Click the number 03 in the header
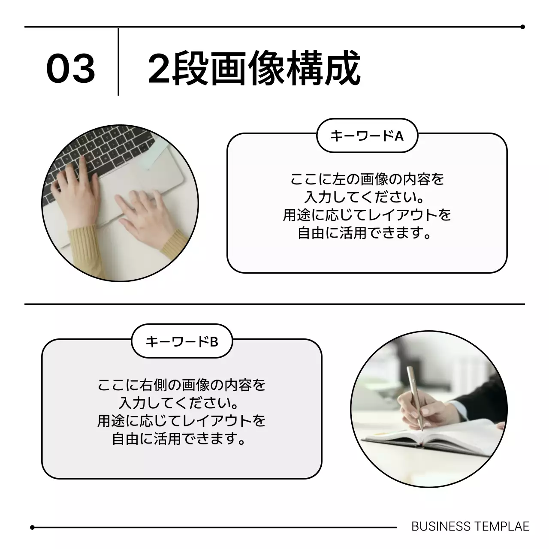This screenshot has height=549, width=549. pos(71,69)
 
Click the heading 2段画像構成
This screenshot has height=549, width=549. pos(254,69)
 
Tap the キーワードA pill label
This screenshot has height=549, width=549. pos(367,136)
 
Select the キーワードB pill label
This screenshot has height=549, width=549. pos(182,342)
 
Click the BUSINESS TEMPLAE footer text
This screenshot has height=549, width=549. pos(470,527)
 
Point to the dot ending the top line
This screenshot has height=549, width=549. pos(522,27)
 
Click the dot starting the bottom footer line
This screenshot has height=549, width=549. pos(32,528)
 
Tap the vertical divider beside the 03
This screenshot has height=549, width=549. pos(118,62)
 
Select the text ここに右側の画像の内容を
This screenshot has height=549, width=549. pos(182,385)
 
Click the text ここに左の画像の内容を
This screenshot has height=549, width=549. pos(367,179)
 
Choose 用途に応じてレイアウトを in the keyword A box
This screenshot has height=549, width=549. pos(367,215)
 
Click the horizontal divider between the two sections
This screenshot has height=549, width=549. pos(274,304)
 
